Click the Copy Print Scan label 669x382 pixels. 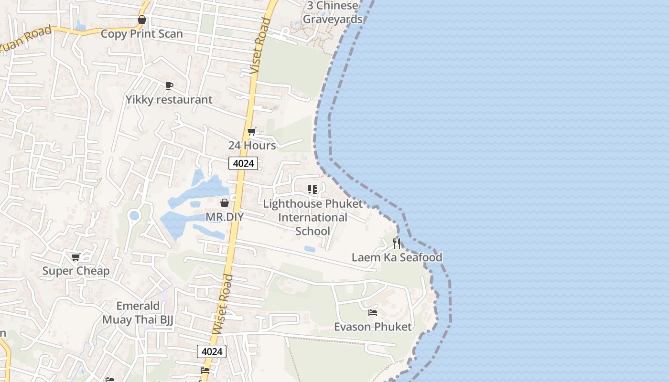point(141,34)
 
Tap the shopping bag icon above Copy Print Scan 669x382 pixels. point(141,20)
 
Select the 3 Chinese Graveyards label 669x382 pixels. point(333,13)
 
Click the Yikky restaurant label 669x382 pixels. point(169,100)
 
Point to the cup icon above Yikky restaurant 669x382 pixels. point(169,85)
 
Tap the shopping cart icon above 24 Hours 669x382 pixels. point(251,132)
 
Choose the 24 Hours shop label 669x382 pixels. point(252,145)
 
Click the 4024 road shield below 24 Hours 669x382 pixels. point(243,164)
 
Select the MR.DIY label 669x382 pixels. point(225,217)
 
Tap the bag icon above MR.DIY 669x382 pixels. point(225,203)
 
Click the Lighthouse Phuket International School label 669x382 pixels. point(313,217)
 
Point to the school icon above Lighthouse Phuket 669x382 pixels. point(313,190)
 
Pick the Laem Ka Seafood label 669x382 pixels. point(397,257)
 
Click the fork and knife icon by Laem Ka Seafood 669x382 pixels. point(397,244)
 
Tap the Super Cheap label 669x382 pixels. point(76,271)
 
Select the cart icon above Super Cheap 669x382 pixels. point(76,257)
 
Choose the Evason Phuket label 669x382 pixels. point(373,327)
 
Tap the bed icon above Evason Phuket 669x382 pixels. point(373,313)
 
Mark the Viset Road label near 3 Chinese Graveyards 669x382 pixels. point(261,46)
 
